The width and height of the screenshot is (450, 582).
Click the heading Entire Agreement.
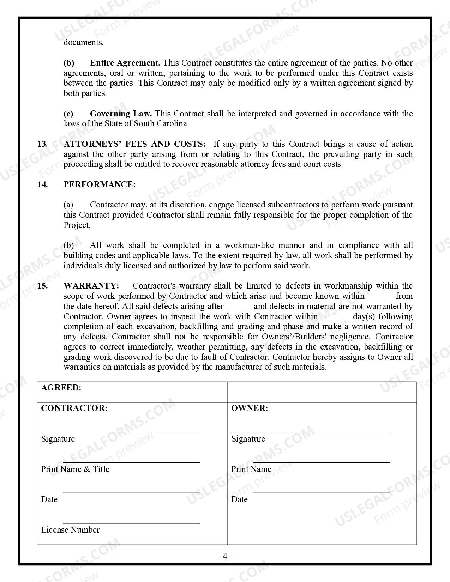pos(125,63)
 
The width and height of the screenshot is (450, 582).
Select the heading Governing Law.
pos(121,114)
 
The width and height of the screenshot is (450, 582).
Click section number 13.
pos(42,144)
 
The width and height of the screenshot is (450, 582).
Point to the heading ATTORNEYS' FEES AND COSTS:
pos(134,144)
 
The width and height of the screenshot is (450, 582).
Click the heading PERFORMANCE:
pos(99,184)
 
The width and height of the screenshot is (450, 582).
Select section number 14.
pos(42,184)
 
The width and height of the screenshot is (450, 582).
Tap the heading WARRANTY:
pos(91,286)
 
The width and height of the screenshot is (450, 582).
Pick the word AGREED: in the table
pos(61,388)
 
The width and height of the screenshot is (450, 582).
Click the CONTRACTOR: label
pos(74,408)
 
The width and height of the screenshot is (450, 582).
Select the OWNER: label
pos(249,408)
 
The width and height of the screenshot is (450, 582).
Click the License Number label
pos(70,530)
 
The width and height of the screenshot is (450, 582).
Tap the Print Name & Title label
pos(75,469)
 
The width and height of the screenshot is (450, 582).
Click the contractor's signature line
pos(120,432)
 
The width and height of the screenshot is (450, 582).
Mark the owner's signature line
pos(310,432)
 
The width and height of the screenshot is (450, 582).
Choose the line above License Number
pos(131,523)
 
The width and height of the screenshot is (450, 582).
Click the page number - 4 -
pos(225,557)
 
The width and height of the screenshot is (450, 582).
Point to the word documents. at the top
pos(83,43)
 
